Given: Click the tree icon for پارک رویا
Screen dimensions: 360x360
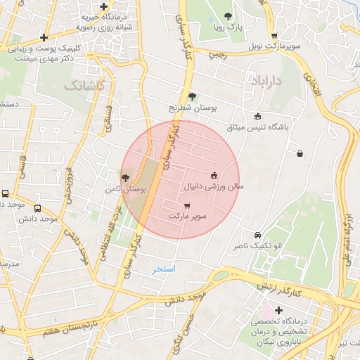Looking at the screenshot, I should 227,16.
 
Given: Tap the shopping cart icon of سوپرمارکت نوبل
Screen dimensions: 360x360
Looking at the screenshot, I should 274,36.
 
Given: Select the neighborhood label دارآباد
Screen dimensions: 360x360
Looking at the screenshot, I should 265,82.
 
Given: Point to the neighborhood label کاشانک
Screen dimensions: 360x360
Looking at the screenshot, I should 84,85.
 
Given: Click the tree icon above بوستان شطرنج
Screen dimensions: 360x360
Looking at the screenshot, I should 193,96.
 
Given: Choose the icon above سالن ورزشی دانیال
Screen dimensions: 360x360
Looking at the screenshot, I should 214,175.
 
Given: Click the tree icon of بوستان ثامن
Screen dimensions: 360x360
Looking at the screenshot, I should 125,179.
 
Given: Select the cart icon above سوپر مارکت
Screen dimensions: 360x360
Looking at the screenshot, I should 176,205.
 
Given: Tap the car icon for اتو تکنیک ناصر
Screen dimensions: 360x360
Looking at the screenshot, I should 257,235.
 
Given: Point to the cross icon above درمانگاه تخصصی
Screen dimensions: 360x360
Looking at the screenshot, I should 279,310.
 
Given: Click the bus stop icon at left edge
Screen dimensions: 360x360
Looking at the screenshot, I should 5,193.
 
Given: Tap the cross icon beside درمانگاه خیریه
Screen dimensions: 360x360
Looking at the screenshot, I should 44,37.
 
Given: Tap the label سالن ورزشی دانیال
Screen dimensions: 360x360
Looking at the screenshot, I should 214,188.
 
